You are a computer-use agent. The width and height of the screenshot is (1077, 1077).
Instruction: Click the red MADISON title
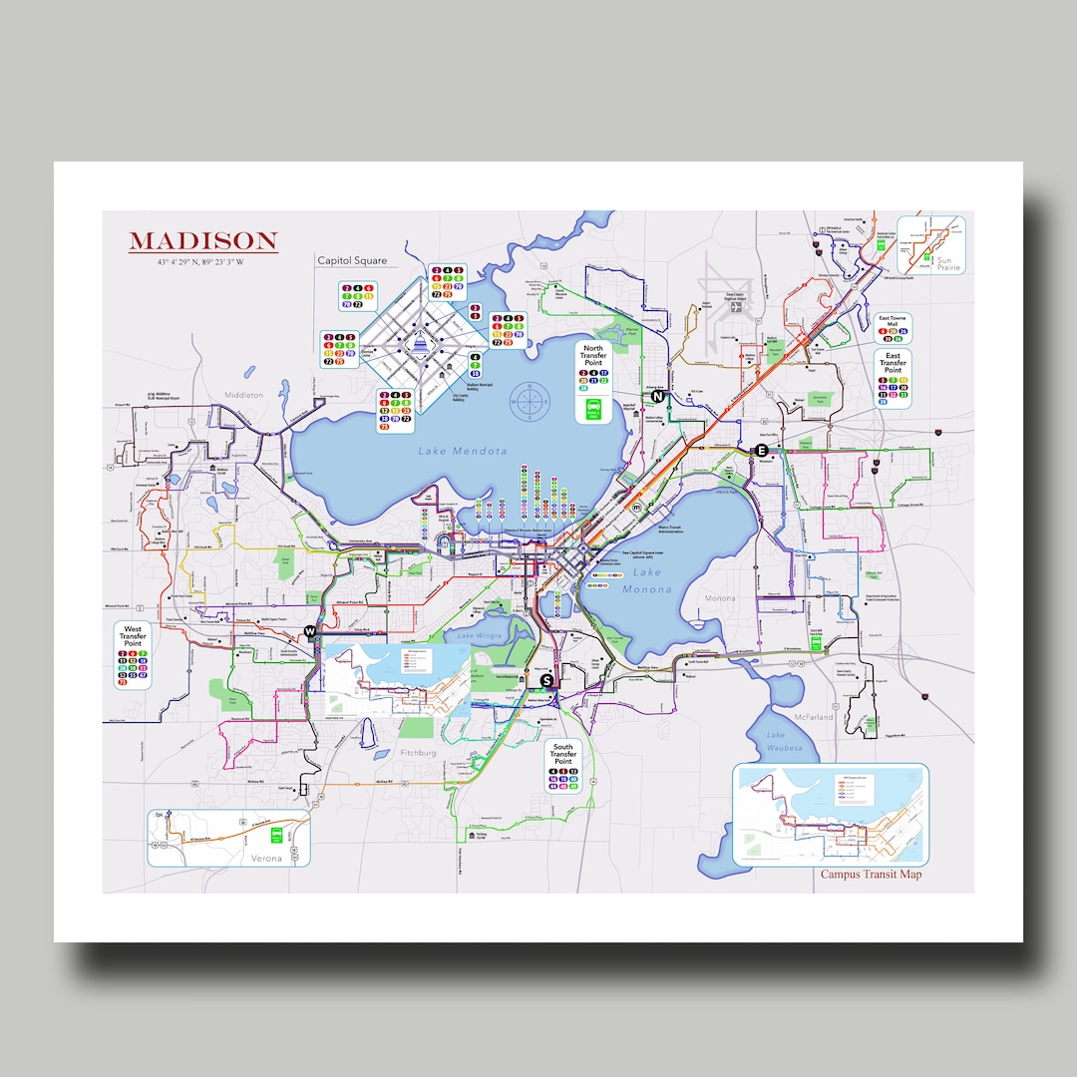point(202,241)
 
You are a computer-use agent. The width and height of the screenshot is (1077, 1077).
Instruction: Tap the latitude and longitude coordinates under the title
point(202,262)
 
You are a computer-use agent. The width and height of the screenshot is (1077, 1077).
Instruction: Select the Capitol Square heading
point(351,261)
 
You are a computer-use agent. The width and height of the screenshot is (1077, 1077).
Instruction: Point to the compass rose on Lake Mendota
point(530,401)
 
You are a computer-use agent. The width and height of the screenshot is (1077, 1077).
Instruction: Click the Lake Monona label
point(647,579)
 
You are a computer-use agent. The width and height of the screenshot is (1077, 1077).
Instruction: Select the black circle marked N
point(658,396)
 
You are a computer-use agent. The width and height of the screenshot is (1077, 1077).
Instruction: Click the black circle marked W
point(311,631)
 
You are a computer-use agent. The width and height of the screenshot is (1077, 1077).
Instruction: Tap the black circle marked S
point(545,680)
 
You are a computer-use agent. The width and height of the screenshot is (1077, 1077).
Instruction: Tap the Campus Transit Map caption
point(871,875)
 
